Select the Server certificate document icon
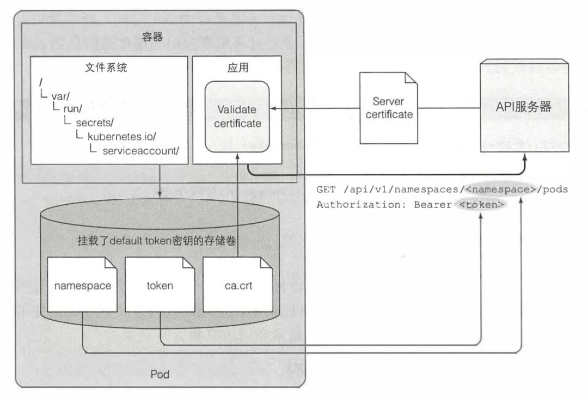point(388,108)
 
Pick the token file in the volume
point(160,285)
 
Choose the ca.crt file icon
point(237,285)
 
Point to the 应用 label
point(237,69)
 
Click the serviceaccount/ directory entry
point(140,150)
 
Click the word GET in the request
point(325,190)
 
